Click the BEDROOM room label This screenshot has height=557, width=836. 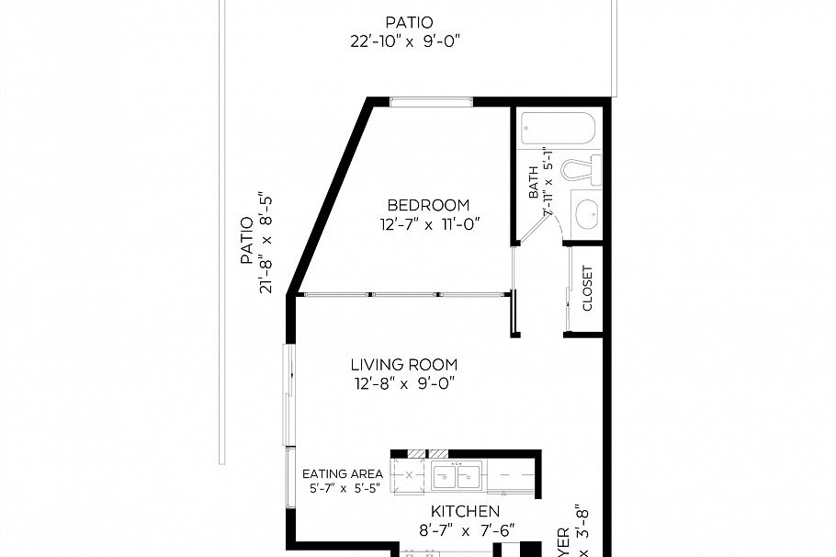[428, 205]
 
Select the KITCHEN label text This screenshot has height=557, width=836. [465, 511]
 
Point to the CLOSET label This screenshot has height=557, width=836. [587, 289]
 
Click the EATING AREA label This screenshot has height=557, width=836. [343, 475]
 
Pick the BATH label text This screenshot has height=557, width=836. [534, 187]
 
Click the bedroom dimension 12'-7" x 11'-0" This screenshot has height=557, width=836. [428, 223]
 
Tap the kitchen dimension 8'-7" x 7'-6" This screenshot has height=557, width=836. [465, 529]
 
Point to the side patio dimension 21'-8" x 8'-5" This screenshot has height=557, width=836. [267, 243]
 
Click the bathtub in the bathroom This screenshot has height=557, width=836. [558, 128]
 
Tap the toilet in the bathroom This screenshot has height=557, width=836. [581, 170]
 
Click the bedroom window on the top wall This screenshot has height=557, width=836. [431, 101]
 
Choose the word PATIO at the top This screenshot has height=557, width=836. [409, 22]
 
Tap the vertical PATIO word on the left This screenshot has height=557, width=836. [246, 241]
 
